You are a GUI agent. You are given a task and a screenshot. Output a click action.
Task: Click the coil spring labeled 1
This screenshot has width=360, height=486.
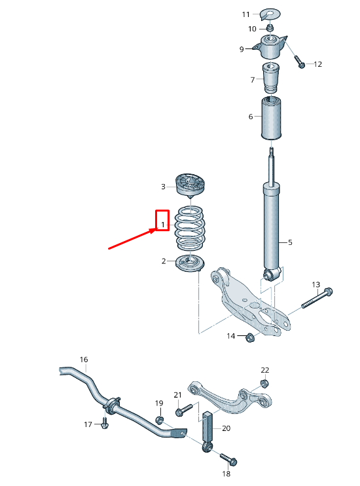190,229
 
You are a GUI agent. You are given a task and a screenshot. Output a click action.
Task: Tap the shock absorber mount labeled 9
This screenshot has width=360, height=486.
270,48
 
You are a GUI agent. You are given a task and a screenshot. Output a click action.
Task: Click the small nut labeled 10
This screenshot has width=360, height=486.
269,29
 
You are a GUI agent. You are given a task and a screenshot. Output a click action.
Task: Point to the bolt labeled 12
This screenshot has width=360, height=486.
300,64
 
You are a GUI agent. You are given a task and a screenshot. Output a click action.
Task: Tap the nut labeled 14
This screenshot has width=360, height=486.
249,338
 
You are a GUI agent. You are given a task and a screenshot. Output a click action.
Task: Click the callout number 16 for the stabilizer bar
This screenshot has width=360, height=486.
83,360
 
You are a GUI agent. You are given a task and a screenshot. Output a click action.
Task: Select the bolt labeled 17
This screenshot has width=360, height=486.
105,423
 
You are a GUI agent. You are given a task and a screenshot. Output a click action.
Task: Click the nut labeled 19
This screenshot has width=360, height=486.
159,419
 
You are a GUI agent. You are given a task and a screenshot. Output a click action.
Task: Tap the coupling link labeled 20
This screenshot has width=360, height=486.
209,429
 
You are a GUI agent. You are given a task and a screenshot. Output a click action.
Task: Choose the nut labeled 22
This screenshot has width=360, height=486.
264,383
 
